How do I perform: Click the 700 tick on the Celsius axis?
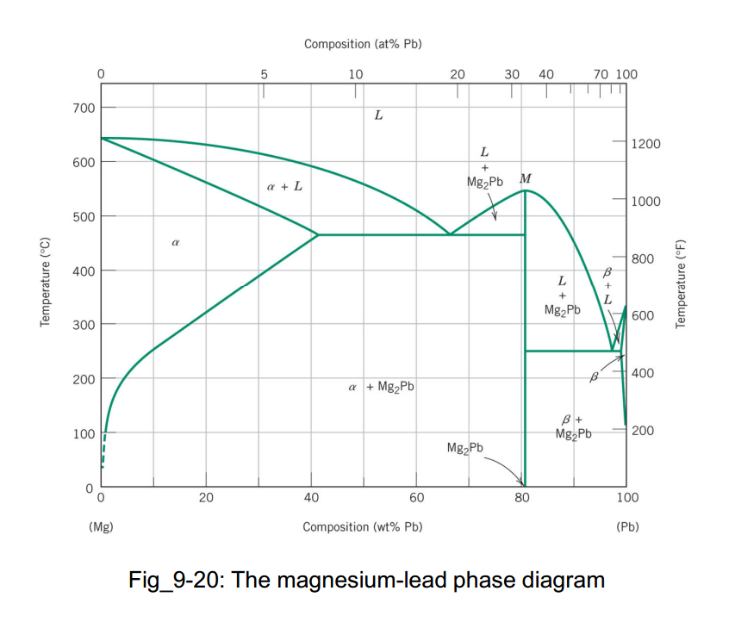point(83,108)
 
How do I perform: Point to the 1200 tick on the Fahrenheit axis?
point(645,143)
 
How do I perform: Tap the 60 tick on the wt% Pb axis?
point(416,498)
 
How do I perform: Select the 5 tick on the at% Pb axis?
point(265,74)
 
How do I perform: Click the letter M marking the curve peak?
point(526,178)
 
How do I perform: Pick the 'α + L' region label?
point(284,186)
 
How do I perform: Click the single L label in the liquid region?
point(377,114)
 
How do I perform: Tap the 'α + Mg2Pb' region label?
point(380,387)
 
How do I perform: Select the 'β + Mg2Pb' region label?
point(573,426)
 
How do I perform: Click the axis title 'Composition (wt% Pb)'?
point(362,526)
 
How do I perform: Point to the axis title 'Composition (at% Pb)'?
point(362,43)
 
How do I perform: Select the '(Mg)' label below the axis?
point(101,526)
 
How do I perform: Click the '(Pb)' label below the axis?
point(626,526)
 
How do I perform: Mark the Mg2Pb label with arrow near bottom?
point(465,448)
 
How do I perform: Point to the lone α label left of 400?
point(175,244)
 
